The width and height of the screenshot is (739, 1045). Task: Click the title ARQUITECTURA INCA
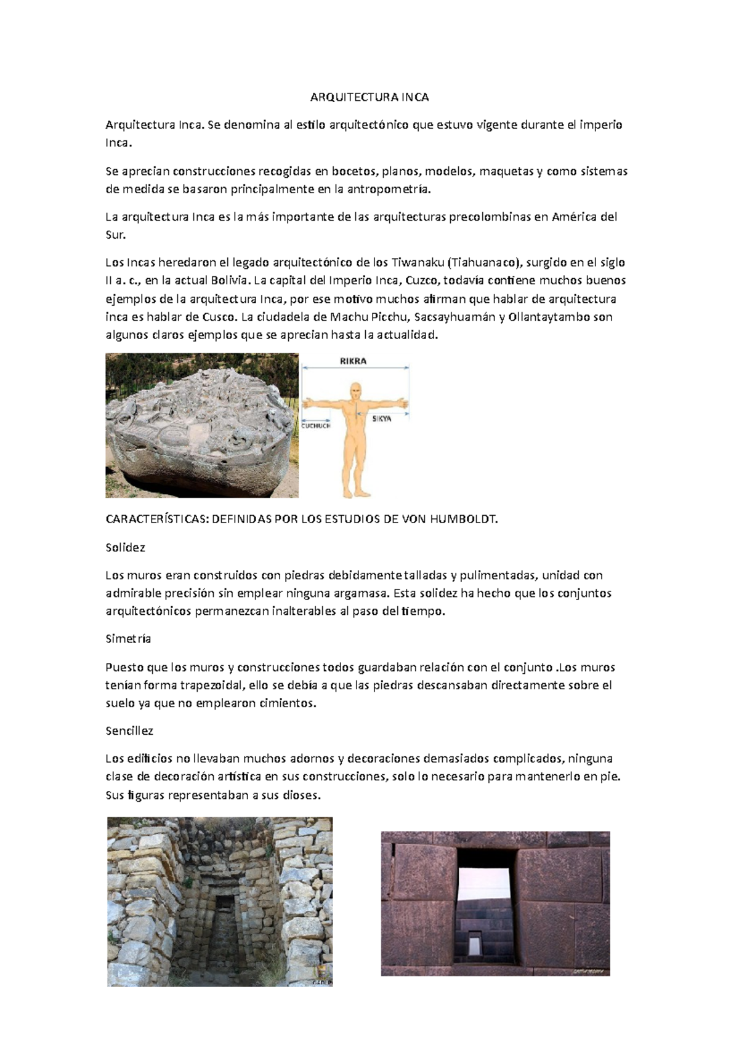coord(369,97)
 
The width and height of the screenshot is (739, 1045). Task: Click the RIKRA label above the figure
coord(353,361)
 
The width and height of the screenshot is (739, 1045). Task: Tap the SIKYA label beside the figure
coord(382,418)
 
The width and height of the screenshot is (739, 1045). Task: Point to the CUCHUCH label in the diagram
coord(316,425)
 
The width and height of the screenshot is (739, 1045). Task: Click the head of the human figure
coord(355,390)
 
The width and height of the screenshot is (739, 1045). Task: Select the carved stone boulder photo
coord(202,425)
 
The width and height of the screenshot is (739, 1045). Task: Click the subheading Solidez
coord(125,547)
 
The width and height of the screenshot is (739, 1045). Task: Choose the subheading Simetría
coord(128,639)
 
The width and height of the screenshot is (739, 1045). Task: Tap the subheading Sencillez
coord(129,731)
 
